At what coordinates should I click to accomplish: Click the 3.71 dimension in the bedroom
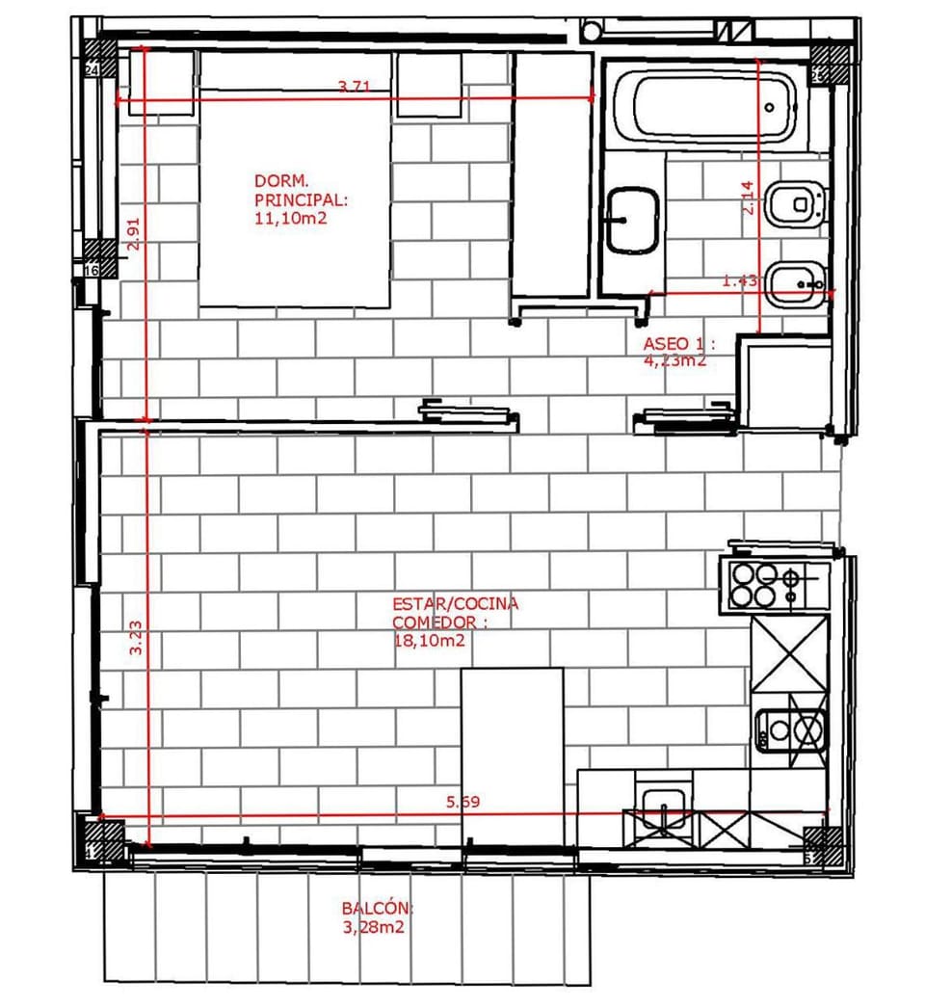(x=355, y=88)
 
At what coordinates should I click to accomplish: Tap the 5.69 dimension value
(x=462, y=802)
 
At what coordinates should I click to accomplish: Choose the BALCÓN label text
(x=377, y=909)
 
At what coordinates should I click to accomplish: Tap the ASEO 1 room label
(x=680, y=344)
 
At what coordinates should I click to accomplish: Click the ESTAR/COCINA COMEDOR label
(x=455, y=612)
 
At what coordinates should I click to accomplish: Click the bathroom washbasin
(x=632, y=220)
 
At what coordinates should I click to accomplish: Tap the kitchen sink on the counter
(x=663, y=808)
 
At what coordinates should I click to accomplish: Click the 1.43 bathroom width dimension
(x=740, y=281)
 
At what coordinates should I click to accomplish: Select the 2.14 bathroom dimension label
(x=746, y=199)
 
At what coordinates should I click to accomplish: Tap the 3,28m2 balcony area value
(x=372, y=929)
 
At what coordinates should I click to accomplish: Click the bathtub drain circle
(x=770, y=107)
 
